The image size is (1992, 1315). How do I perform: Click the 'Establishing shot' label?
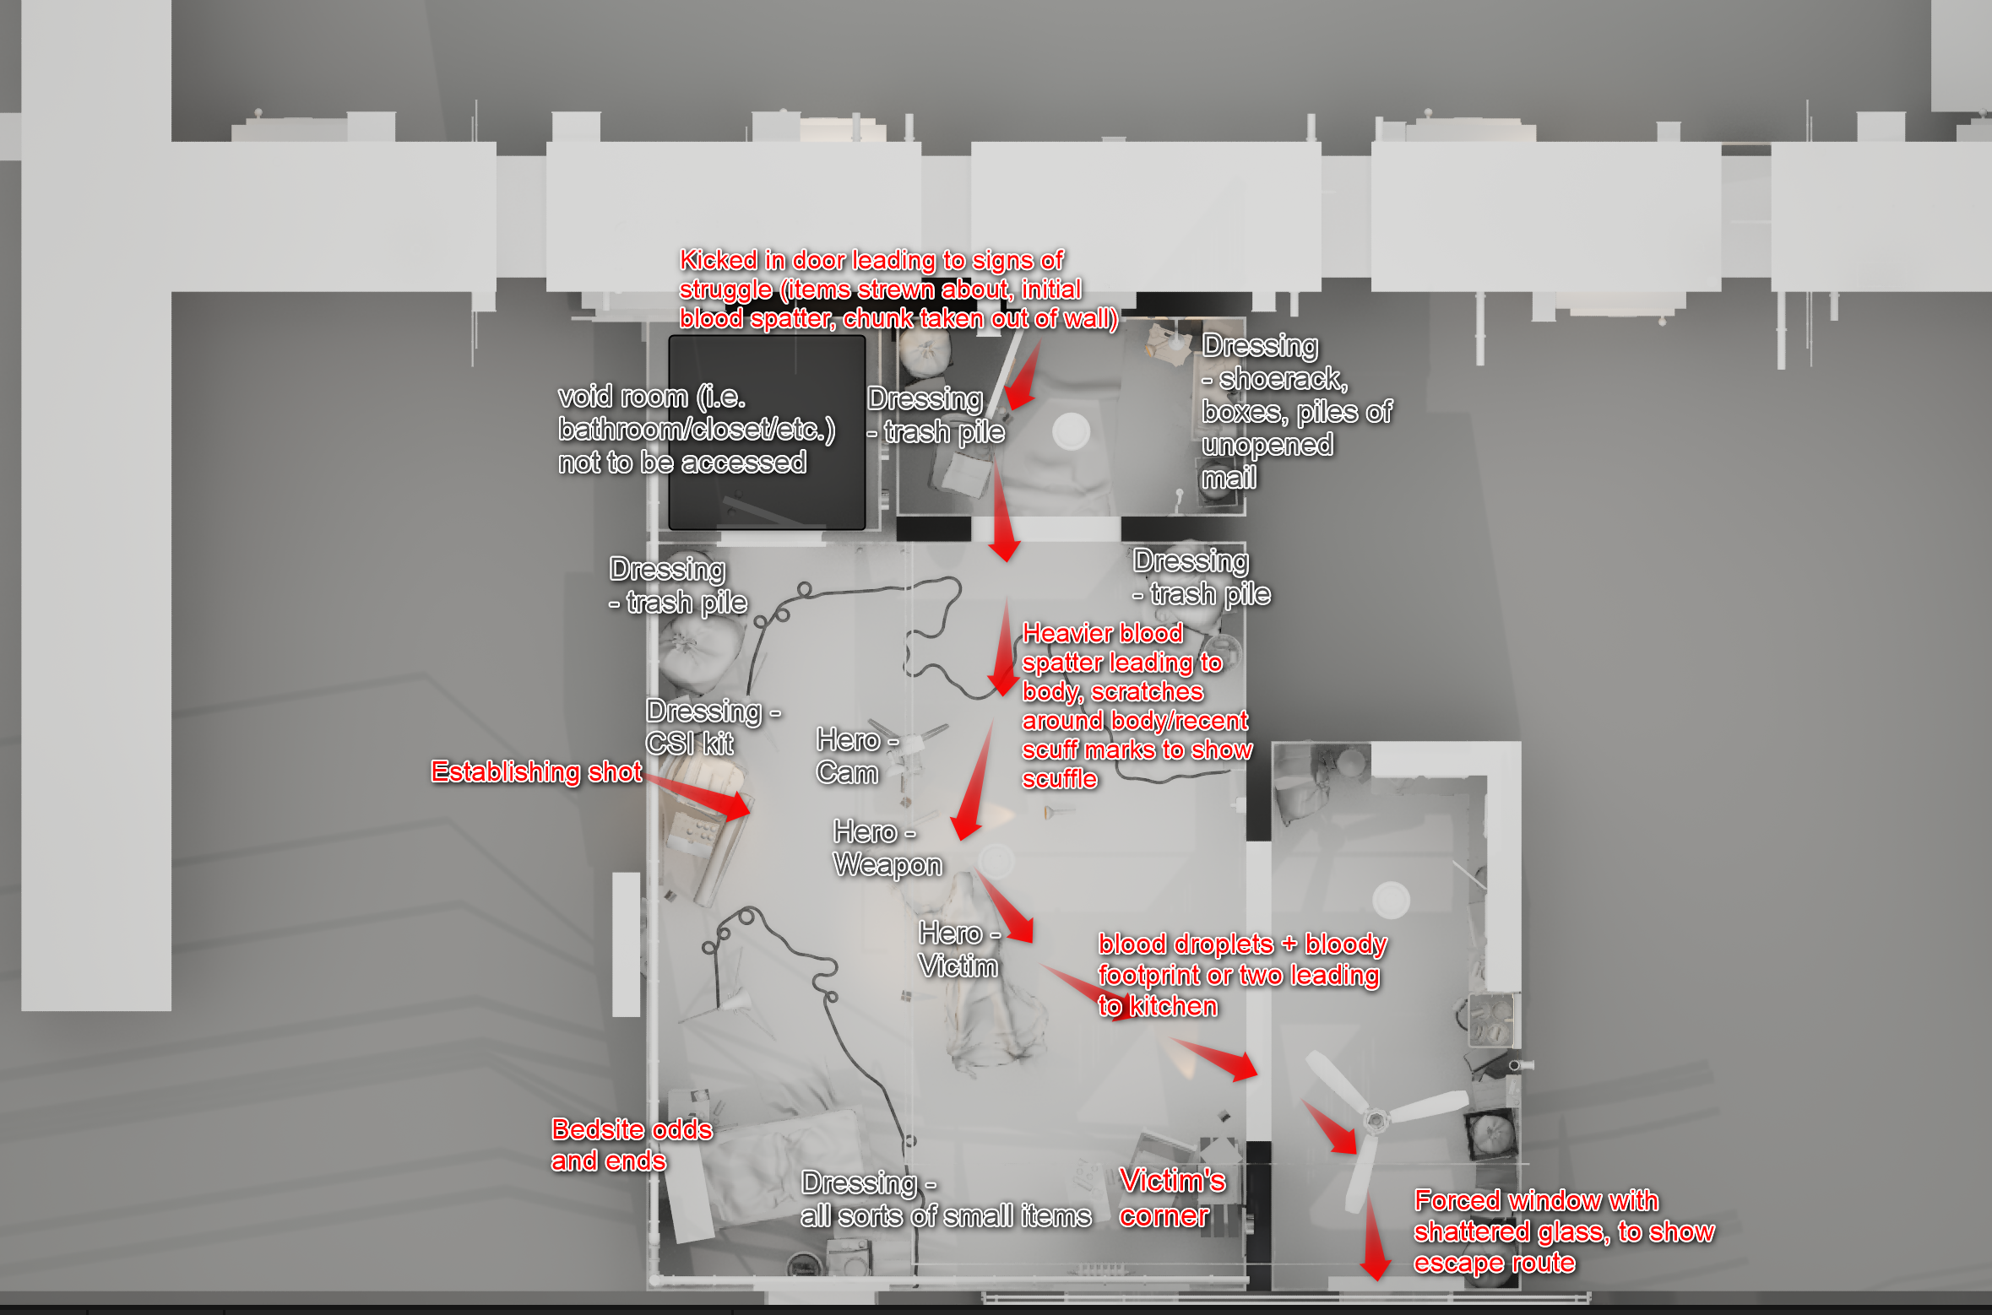pyautogui.click(x=536, y=771)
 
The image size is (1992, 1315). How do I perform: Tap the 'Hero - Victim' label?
pyautogui.click(x=959, y=950)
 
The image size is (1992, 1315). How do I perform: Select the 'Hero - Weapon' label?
pyautogui.click(x=887, y=848)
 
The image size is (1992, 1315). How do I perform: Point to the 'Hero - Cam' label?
pyautogui.click(x=857, y=756)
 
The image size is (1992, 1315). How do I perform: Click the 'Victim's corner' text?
pyautogui.click(x=1172, y=1198)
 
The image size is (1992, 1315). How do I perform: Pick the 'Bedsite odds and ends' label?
pyautogui.click(x=632, y=1145)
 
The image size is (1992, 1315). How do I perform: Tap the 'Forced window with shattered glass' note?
pyautogui.click(x=1564, y=1231)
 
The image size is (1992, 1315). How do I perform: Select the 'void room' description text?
pyautogui.click(x=697, y=430)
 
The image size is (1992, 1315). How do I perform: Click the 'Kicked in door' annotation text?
pyautogui.click(x=898, y=289)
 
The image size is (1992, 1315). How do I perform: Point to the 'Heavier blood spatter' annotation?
pyautogui.click(x=1137, y=706)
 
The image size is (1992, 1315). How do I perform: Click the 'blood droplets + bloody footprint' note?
pyautogui.click(x=1242, y=975)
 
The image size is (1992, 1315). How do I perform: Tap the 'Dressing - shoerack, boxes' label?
pyautogui.click(x=1297, y=412)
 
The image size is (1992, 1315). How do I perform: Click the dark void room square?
pyautogui.click(x=767, y=432)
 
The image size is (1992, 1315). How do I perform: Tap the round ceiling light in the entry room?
pyautogui.click(x=1071, y=431)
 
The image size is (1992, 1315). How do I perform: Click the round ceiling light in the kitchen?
pyautogui.click(x=1391, y=900)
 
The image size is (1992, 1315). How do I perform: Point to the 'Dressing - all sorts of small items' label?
pyautogui.click(x=946, y=1199)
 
